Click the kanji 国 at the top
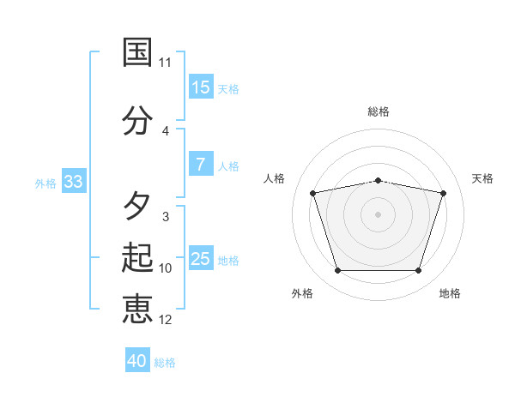(x=137, y=52)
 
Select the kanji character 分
(x=137, y=120)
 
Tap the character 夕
(x=137, y=206)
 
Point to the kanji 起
(x=137, y=257)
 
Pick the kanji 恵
(x=137, y=309)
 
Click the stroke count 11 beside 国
(x=165, y=63)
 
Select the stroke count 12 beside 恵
(x=165, y=320)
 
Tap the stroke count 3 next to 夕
(x=166, y=217)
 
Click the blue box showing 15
(x=202, y=87)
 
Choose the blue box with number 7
(x=202, y=164)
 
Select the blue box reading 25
(x=202, y=257)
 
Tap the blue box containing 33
(x=74, y=181)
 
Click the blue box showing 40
(x=137, y=359)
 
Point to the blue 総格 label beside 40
(x=165, y=363)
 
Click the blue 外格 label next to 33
(x=45, y=183)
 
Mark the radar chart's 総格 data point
(x=379, y=181)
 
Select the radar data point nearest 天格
(x=444, y=193)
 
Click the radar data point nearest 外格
(x=338, y=270)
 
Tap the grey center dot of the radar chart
(x=378, y=214)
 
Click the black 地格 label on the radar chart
(x=450, y=293)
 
